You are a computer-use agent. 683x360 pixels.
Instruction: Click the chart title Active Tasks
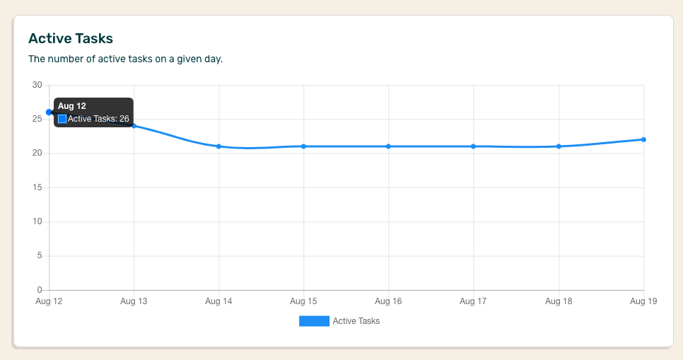pyautogui.click(x=70, y=38)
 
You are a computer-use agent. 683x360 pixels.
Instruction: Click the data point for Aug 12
pyautogui.click(x=49, y=112)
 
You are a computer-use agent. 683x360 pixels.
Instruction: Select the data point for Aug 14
pyautogui.click(x=218, y=146)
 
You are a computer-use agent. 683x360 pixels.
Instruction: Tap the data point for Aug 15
pyautogui.click(x=303, y=146)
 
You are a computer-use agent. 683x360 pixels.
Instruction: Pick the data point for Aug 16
pyautogui.click(x=388, y=146)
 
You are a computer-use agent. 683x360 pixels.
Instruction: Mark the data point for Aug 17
pyautogui.click(x=473, y=146)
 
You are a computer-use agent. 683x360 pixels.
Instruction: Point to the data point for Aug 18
pyautogui.click(x=559, y=146)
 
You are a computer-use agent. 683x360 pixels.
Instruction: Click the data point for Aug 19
pyautogui.click(x=643, y=139)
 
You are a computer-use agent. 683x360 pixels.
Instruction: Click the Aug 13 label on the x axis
pyautogui.click(x=134, y=301)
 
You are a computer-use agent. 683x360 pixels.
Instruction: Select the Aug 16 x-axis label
pyautogui.click(x=388, y=301)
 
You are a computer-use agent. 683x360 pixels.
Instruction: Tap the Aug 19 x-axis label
pyautogui.click(x=643, y=301)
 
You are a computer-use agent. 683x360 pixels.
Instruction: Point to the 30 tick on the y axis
pyautogui.click(x=37, y=85)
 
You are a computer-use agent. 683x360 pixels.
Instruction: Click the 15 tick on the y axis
pyautogui.click(x=37, y=187)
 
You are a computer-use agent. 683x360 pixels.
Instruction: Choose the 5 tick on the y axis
pyautogui.click(x=40, y=256)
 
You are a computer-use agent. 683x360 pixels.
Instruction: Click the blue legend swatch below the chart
pyautogui.click(x=314, y=321)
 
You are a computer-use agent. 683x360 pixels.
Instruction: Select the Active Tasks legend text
pyautogui.click(x=356, y=321)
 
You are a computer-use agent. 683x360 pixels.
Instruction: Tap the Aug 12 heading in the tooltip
pyautogui.click(x=71, y=106)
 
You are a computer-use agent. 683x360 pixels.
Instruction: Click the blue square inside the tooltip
pyautogui.click(x=62, y=119)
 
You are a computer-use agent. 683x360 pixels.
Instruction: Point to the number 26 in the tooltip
pyautogui.click(x=124, y=119)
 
